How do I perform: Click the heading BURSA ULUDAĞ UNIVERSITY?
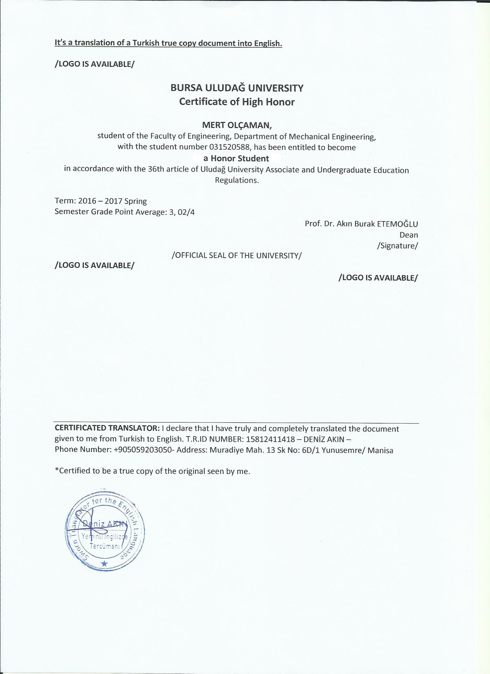pos(237,88)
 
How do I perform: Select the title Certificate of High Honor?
pos(237,102)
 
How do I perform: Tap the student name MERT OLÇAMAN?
pos(237,125)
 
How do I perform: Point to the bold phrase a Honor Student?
pos(236,158)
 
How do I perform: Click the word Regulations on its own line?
pos(237,180)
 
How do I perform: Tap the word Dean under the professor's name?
pos(409,235)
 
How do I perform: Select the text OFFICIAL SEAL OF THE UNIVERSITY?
pos(237,256)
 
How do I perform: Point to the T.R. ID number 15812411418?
pos(270,439)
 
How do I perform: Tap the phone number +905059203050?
pos(143,450)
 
